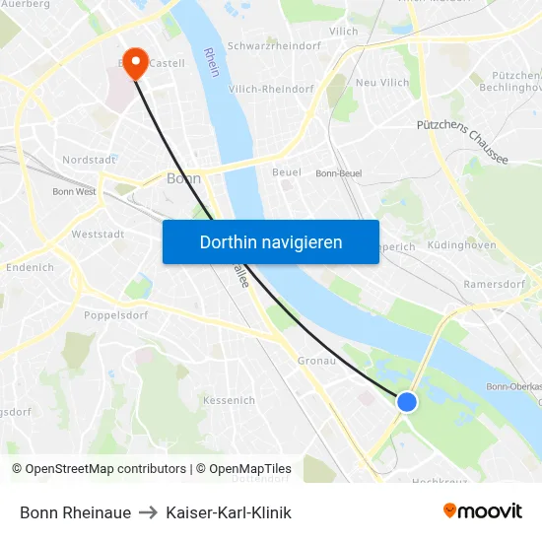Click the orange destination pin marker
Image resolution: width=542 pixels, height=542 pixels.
coord(135,62)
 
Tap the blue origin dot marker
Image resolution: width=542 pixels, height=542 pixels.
coord(406,401)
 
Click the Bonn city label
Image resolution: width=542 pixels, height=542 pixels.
coord(184,178)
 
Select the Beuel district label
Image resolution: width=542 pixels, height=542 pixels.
coord(287,172)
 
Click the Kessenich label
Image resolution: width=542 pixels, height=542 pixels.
coord(229,400)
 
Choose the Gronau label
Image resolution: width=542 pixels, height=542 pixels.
coord(317,361)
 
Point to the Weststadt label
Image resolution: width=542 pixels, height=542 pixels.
coord(98,235)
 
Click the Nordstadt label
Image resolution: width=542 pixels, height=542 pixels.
coord(90,159)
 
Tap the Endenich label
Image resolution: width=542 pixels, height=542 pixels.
coord(30,267)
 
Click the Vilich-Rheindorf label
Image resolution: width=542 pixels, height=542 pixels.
coord(271,89)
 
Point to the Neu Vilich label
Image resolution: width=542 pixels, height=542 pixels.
coord(382,83)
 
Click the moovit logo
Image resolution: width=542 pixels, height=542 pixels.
coord(482,510)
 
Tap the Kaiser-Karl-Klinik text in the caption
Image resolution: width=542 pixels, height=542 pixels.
coord(229,512)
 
